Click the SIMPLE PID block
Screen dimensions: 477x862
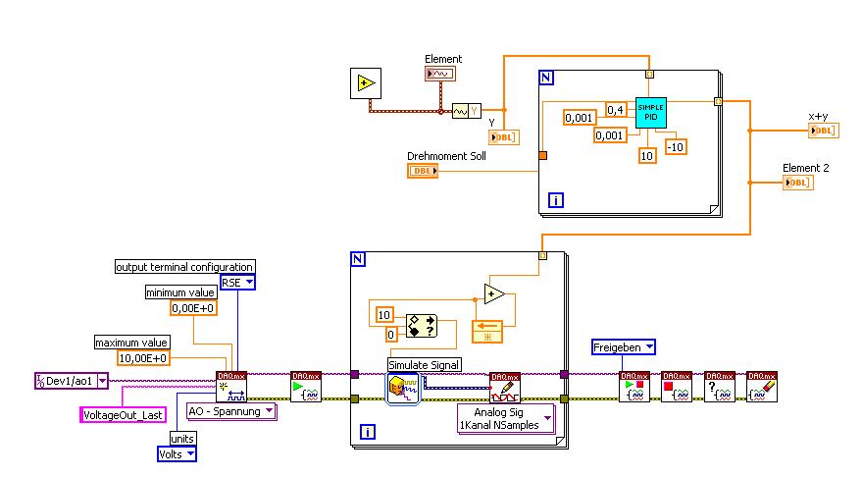coord(651,112)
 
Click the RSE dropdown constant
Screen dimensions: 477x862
coord(237,283)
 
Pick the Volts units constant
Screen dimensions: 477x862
coord(177,453)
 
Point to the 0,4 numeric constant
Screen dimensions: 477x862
coord(616,109)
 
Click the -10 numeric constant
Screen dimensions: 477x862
coord(676,146)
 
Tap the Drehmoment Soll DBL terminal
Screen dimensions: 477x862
coord(424,171)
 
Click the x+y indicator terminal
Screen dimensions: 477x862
coord(824,131)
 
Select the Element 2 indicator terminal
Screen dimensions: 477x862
coord(798,183)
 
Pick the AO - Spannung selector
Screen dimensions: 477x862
coord(231,411)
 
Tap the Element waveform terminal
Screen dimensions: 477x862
coord(440,74)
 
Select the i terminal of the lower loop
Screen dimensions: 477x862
coord(367,431)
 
